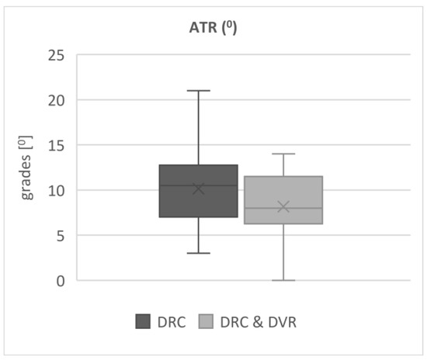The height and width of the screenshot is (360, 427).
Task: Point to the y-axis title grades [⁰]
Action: pyautogui.click(x=27, y=167)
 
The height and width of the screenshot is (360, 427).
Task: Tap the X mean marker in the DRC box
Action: pyautogui.click(x=199, y=189)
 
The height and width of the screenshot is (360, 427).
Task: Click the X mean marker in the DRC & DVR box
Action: pyautogui.click(x=283, y=206)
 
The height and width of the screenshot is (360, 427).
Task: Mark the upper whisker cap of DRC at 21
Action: pyautogui.click(x=199, y=91)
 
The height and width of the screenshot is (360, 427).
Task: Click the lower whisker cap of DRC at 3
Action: pyautogui.click(x=199, y=253)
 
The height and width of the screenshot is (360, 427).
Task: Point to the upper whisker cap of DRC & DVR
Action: pyautogui.click(x=283, y=154)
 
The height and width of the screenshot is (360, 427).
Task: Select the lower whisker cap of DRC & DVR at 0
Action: pyautogui.click(x=283, y=280)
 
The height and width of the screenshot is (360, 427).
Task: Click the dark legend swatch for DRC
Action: pyautogui.click(x=144, y=321)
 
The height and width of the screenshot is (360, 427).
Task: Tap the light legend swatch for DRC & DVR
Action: pyautogui.click(x=207, y=321)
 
